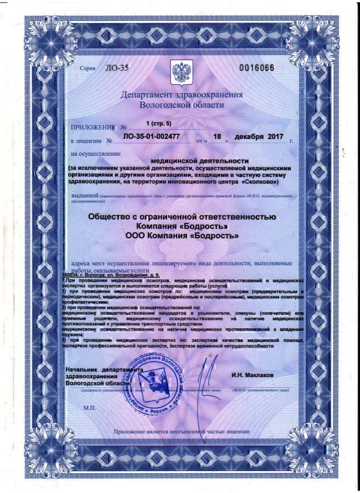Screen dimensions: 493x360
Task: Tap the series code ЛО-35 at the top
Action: point(116,69)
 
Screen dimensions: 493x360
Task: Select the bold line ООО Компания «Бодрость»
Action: point(182,236)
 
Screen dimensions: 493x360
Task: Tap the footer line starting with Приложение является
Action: point(181,432)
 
